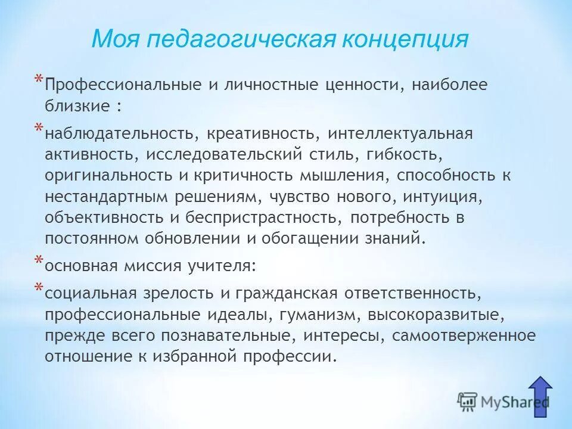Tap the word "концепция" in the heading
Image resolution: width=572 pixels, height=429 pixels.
[405, 39]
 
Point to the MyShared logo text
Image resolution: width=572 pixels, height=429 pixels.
[512, 403]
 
